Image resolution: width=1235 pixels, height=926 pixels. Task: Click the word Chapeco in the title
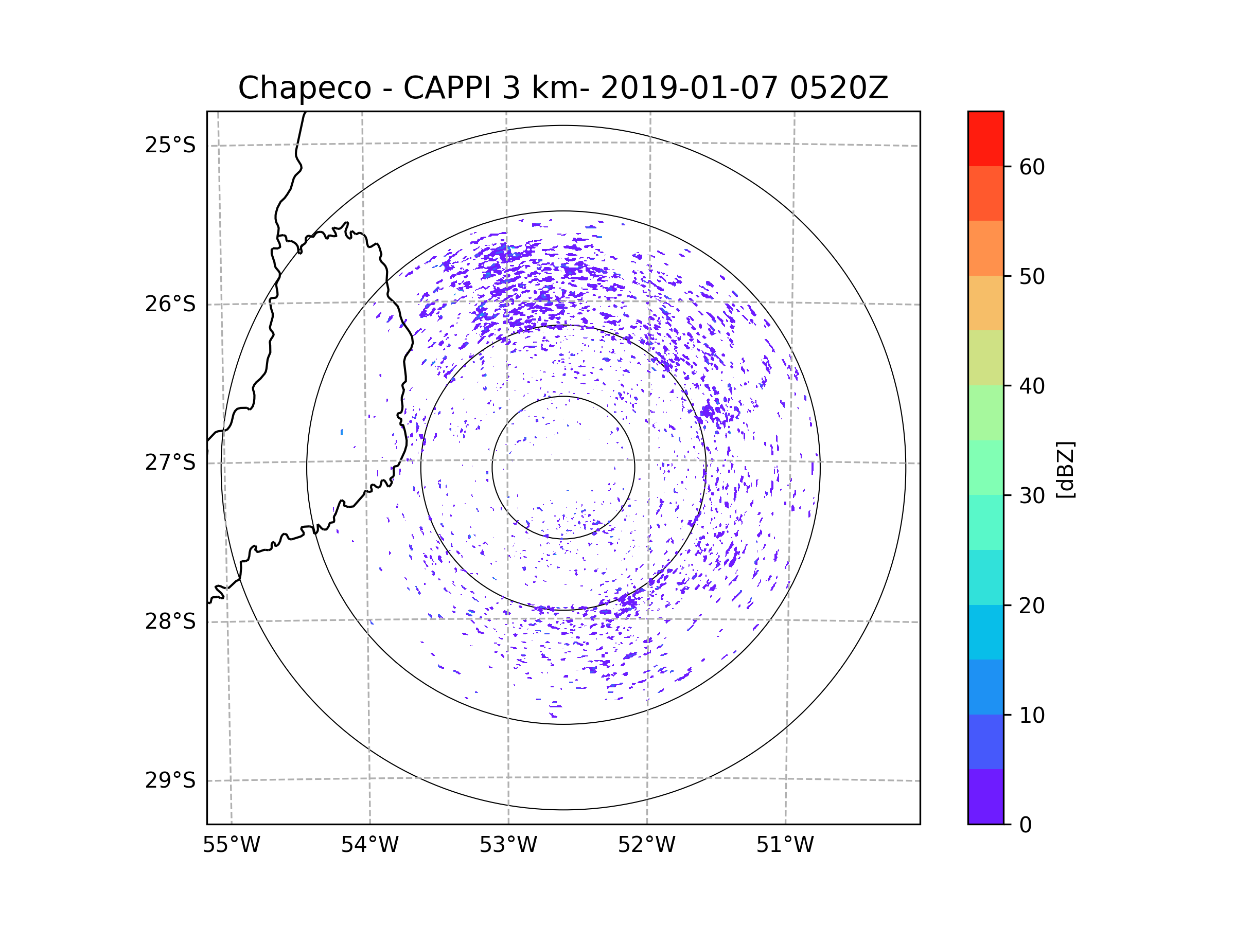(x=304, y=88)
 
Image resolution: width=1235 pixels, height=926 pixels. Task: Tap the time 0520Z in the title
(x=838, y=88)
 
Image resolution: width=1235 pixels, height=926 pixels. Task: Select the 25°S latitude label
(x=170, y=145)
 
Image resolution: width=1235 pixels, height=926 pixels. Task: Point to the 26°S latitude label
(x=170, y=304)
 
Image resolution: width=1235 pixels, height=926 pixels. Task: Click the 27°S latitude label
(x=170, y=462)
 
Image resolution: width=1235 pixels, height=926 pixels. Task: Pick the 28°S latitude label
(x=170, y=621)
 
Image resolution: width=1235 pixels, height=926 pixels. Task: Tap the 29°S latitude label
(x=170, y=780)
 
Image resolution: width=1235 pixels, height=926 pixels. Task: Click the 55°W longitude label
(x=231, y=845)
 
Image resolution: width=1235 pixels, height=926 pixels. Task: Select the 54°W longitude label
(x=369, y=845)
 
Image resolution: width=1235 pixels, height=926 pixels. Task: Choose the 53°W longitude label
(x=508, y=845)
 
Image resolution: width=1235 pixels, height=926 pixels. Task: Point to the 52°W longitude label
(x=646, y=845)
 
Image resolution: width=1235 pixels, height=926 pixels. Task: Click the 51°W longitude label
(x=785, y=845)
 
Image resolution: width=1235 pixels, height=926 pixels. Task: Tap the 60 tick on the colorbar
(x=1032, y=167)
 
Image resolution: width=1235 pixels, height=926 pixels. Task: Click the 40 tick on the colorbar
(x=1032, y=386)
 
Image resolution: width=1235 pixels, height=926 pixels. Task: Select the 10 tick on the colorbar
(x=1032, y=715)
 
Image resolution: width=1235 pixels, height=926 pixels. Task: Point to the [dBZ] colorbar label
(x=1065, y=469)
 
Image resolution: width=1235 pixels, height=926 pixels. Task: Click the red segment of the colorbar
(x=985, y=138)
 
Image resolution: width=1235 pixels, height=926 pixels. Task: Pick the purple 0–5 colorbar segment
(x=985, y=796)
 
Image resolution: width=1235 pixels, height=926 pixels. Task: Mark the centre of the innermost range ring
(x=563, y=468)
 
